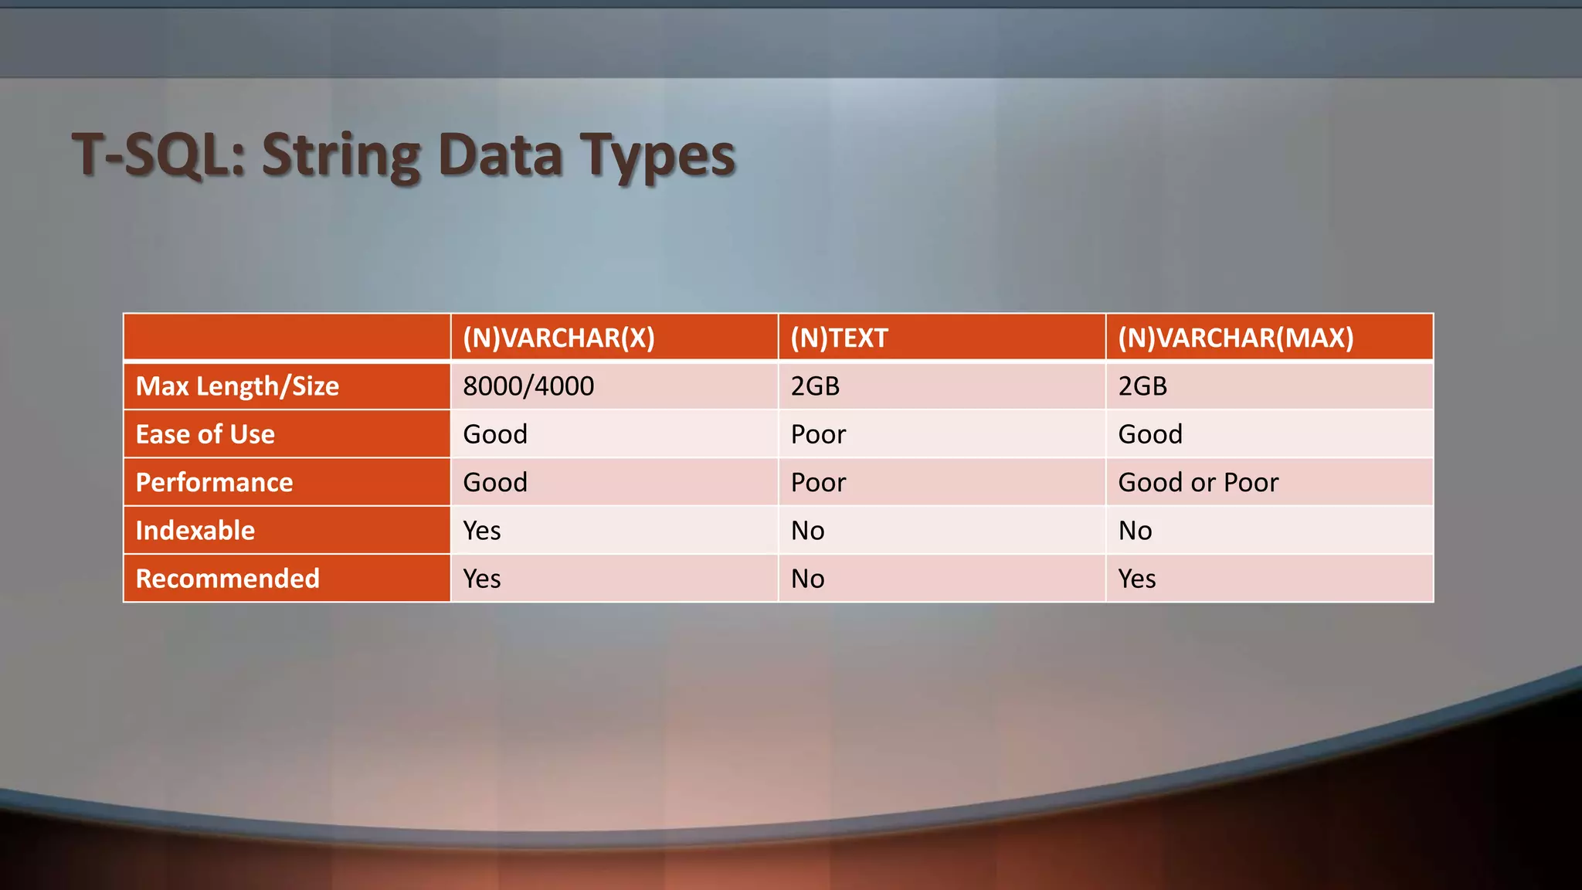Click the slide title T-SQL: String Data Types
[403, 155]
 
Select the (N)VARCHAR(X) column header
[558, 338]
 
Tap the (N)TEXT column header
[839, 338]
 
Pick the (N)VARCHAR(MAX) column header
[1235, 338]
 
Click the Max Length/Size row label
[237, 386]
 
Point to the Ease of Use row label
[205, 434]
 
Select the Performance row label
[214, 482]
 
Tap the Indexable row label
[195, 530]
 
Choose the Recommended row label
[227, 578]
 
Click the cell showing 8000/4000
[528, 386]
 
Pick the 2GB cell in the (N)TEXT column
[815, 386]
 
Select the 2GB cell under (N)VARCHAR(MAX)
[1142, 386]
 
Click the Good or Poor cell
[1198, 482]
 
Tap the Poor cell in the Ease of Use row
[818, 434]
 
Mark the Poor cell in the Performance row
[818, 482]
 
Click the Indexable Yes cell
[482, 530]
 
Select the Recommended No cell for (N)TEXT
[807, 578]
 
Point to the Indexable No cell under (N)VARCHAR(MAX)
[1135, 530]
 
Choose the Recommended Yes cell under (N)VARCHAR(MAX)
[1137, 578]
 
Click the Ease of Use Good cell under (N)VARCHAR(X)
[495, 434]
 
